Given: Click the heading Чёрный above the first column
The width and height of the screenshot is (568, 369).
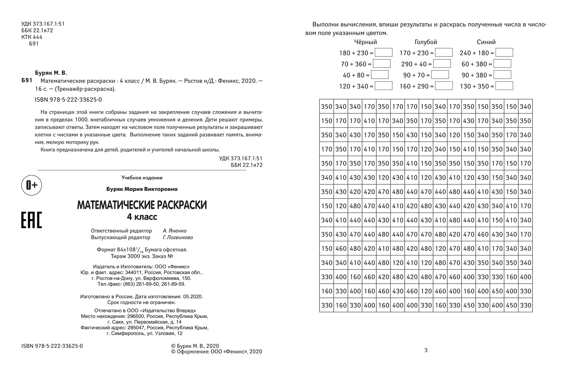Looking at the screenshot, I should (x=366, y=42).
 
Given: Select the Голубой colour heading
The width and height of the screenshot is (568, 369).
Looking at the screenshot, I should (x=426, y=42).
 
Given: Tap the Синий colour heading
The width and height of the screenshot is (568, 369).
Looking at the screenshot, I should (x=486, y=42).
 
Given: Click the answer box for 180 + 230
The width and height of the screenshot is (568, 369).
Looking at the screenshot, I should (x=383, y=53).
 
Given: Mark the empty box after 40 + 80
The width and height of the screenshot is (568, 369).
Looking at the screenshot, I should (x=380, y=75).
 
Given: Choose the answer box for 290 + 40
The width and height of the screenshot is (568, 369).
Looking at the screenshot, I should (x=442, y=64).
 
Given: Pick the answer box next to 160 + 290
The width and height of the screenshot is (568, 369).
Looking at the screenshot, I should (x=444, y=86).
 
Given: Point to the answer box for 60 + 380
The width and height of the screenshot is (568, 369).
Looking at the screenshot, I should (x=502, y=64).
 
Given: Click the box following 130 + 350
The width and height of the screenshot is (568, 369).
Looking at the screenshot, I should (x=504, y=86).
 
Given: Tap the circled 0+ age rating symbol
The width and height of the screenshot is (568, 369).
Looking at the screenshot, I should (x=32, y=185).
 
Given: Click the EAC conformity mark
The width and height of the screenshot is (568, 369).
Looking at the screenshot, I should (x=32, y=220).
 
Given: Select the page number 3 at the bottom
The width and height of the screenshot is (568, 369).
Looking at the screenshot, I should (x=426, y=350).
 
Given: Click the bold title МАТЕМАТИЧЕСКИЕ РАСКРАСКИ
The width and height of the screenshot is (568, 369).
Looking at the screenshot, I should (x=142, y=205).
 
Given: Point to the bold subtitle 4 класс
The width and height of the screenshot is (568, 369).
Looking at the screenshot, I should (x=142, y=217).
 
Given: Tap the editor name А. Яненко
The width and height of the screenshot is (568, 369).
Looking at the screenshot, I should (x=175, y=231).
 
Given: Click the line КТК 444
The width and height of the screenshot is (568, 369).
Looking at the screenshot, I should (x=32, y=37).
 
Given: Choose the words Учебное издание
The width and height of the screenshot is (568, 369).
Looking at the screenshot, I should (x=142, y=178).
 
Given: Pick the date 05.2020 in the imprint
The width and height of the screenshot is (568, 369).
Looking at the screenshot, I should (x=193, y=297).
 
